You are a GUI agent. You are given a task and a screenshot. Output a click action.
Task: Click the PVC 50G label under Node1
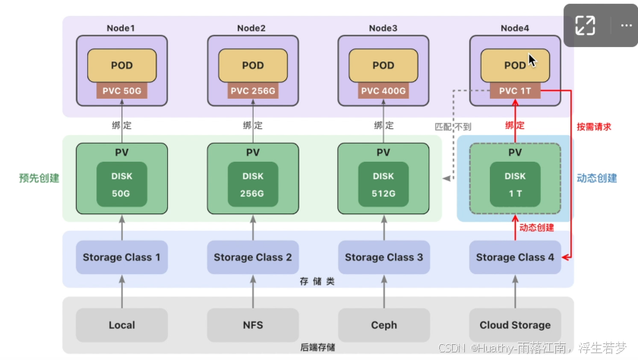[122, 91]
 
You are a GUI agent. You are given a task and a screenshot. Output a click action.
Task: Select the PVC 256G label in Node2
[252, 91]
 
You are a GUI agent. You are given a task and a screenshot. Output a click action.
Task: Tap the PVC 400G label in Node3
[384, 91]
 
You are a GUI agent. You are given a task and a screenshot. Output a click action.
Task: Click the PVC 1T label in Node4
[515, 91]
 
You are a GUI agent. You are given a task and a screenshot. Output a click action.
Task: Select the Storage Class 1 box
[122, 257]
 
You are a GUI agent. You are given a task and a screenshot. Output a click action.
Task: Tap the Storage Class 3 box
[384, 257]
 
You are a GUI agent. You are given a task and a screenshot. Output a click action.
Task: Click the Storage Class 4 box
[515, 257]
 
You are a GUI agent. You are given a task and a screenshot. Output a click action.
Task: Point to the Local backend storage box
[122, 325]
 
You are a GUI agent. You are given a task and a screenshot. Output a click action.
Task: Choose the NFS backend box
[252, 325]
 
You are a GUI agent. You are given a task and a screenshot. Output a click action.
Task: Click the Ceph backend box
[384, 325]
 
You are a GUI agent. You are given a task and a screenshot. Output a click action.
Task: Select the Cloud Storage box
[515, 325]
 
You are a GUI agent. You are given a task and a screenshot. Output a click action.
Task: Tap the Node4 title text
[515, 28]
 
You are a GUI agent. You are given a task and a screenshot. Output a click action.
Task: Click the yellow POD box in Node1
[122, 65]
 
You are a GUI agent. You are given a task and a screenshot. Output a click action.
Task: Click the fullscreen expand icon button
[585, 25]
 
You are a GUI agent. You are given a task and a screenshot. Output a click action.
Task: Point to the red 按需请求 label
[594, 127]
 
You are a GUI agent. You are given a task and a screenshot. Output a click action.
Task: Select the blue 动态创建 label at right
[597, 178]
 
